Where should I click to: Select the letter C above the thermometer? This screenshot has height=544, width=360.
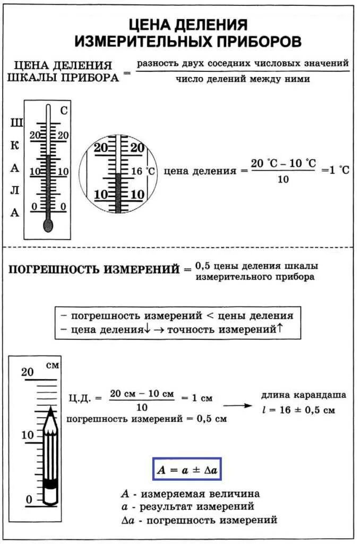pyautogui.click(x=64, y=111)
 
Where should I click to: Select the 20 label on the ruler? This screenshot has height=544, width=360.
pyautogui.click(x=27, y=372)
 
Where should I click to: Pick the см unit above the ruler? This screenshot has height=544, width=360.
pyautogui.click(x=53, y=365)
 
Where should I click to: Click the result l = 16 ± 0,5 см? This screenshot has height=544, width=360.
pyautogui.click(x=299, y=410)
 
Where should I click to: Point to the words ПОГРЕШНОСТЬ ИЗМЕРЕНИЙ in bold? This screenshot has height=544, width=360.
pyautogui.click(x=94, y=269)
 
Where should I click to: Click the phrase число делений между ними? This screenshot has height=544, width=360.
pyautogui.click(x=243, y=79)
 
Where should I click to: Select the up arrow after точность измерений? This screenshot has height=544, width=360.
pyautogui.click(x=279, y=328)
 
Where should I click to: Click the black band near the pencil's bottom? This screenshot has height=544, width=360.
pyautogui.click(x=50, y=484)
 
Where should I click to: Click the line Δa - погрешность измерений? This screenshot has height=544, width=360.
pyautogui.click(x=199, y=520)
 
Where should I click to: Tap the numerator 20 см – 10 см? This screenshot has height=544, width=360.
pyautogui.click(x=142, y=394)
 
